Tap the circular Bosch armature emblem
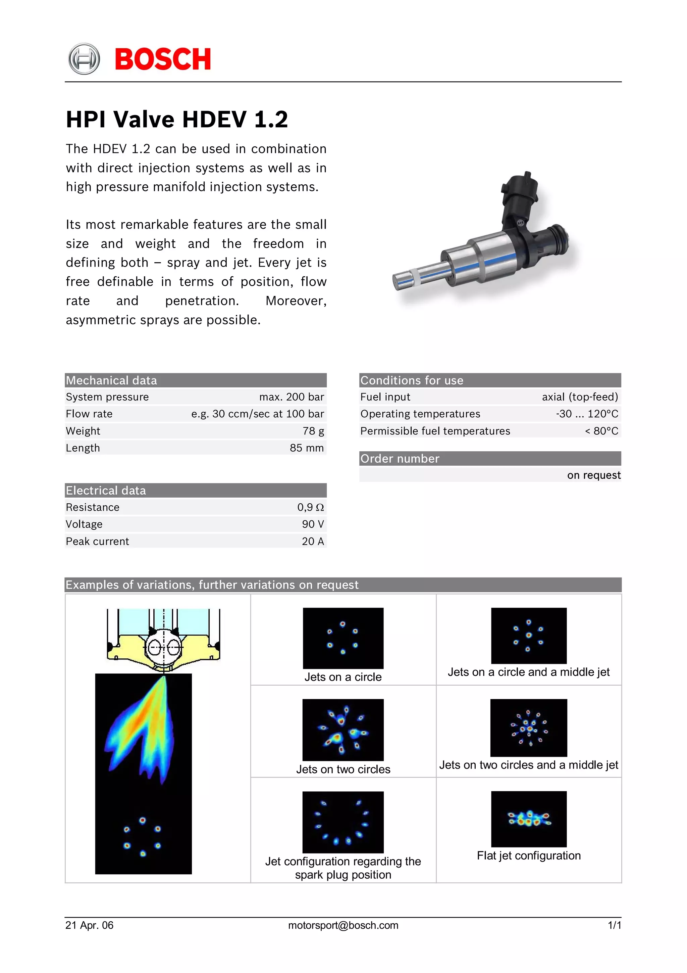coord(84,59)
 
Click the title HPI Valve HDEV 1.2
coord(177,119)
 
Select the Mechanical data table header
coord(196,380)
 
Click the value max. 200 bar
coord(292,397)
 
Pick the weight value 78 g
coord(313,431)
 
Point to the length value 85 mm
coord(307,448)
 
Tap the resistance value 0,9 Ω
coord(310,507)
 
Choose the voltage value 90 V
coord(313,524)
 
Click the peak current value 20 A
coord(313,541)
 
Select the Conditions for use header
coord(490,380)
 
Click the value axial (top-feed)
coord(580,397)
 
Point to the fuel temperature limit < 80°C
coord(601,431)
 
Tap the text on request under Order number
coord(594,475)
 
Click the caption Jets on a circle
coord(343,677)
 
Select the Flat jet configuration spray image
coord(529,819)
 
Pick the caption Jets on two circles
coord(343,769)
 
